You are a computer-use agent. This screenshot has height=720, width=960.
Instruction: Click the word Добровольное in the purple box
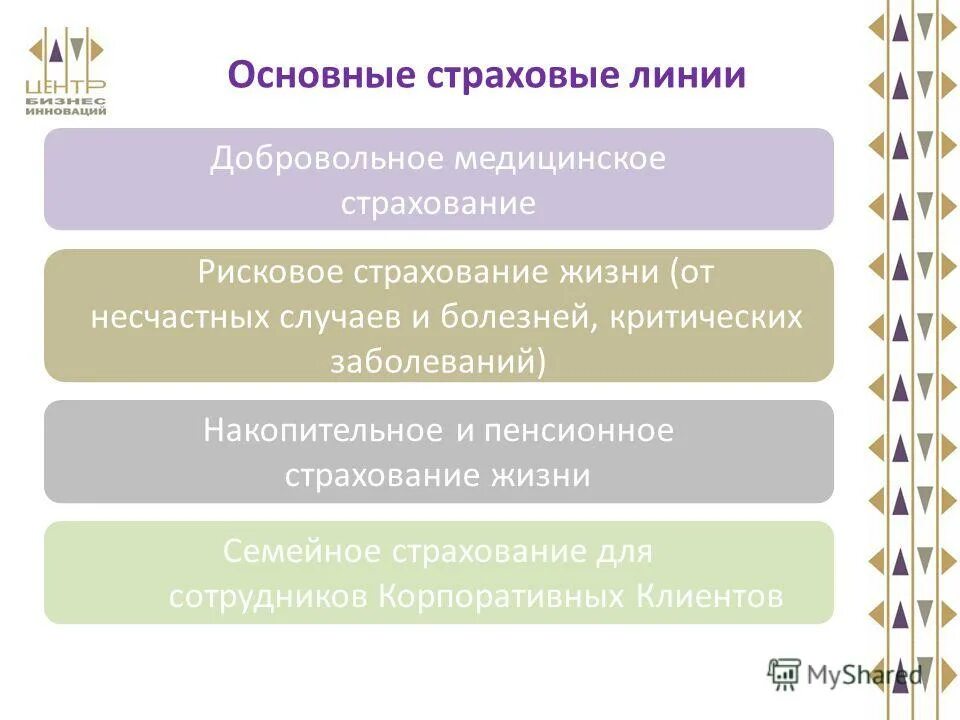coord(326,160)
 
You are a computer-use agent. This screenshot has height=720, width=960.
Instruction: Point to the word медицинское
coord(560,160)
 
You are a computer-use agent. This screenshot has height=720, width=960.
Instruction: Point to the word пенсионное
coord(579,431)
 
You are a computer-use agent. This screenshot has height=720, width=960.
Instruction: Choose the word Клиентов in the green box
coord(709,596)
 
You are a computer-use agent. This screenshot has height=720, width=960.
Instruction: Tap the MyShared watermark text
coord(864,675)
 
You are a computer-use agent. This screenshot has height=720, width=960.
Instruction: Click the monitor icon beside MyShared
coord(785,674)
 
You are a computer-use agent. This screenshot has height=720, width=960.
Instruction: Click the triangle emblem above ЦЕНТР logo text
coord(66,48)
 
